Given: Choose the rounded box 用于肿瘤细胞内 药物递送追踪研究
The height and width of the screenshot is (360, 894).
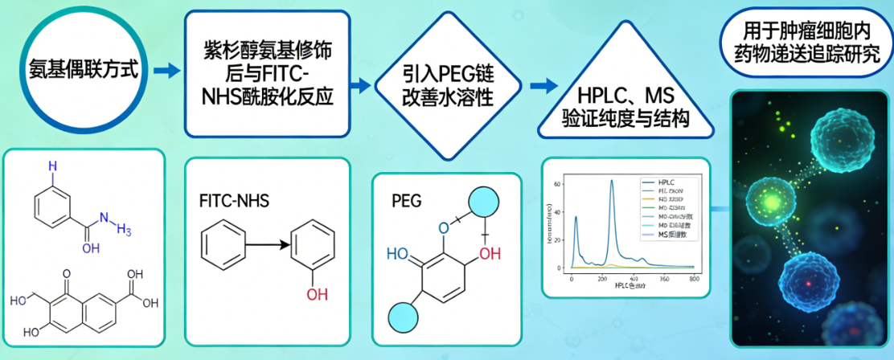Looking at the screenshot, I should point(806,43).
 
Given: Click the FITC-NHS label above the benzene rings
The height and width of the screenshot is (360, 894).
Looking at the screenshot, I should point(234,201).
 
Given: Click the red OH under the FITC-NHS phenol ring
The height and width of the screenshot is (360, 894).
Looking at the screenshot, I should point(318,294).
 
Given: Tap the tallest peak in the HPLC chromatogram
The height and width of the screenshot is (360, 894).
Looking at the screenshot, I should point(611,182).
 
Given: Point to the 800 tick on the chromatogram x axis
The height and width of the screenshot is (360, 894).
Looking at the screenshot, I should point(693,278).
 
